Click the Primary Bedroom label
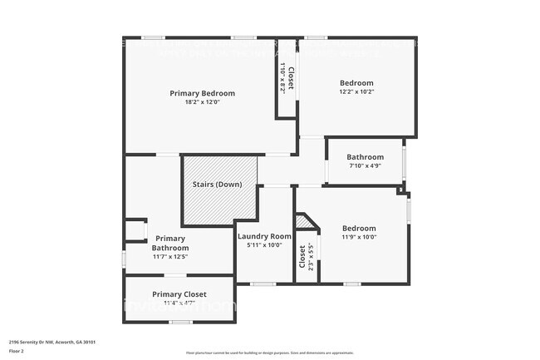point(202,93)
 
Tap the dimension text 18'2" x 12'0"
point(202,102)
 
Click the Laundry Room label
point(264,236)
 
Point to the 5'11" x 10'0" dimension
point(264,245)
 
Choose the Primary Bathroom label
point(170,243)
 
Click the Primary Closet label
point(179,293)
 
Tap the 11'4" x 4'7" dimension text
point(179,303)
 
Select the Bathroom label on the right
point(365,157)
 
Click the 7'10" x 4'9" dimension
point(365,166)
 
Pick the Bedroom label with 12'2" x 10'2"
point(356,83)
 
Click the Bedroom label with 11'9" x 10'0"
point(359,228)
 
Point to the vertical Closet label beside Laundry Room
point(302,256)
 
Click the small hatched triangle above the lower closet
point(303,222)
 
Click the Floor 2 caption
point(17,351)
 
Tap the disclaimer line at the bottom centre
point(270,353)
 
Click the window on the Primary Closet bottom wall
point(180,322)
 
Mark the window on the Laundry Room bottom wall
point(263,284)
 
